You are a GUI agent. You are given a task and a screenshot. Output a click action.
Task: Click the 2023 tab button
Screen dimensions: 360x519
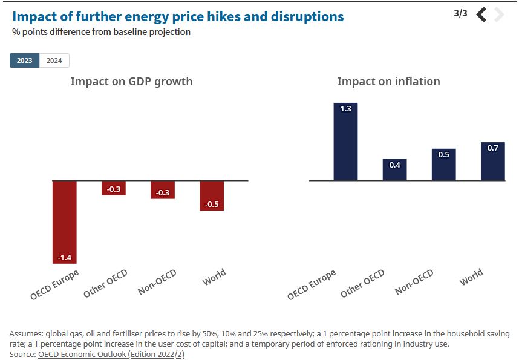25,61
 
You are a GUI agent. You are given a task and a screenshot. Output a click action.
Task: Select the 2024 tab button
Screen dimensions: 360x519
54,61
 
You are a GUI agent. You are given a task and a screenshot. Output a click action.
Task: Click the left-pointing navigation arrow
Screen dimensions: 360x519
481,14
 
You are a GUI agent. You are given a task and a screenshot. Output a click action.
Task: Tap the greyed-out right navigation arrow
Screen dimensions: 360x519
499,14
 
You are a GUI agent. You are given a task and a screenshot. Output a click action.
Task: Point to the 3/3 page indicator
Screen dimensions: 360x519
460,13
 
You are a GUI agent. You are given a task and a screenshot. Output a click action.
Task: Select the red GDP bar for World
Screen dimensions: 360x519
212,195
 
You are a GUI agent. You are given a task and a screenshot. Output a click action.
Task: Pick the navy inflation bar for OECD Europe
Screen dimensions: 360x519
346,142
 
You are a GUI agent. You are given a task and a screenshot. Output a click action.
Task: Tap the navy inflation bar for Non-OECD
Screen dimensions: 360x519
443,165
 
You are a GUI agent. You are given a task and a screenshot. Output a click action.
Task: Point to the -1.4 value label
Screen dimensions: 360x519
65,258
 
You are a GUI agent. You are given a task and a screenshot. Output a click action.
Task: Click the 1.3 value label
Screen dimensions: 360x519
346,109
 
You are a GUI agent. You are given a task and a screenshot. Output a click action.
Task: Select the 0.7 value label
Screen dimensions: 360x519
492,148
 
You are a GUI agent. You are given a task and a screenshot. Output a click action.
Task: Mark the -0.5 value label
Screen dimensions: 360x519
212,205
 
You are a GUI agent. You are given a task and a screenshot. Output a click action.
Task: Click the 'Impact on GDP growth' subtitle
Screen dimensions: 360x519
131,81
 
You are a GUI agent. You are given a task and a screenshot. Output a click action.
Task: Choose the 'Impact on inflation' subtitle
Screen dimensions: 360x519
388,81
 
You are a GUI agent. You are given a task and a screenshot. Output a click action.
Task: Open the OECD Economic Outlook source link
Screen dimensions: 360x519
111,355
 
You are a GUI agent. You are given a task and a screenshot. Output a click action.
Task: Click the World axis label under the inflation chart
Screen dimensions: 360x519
471,277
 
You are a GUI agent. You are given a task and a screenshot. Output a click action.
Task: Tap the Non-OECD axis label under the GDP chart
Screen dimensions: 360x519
157,283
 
